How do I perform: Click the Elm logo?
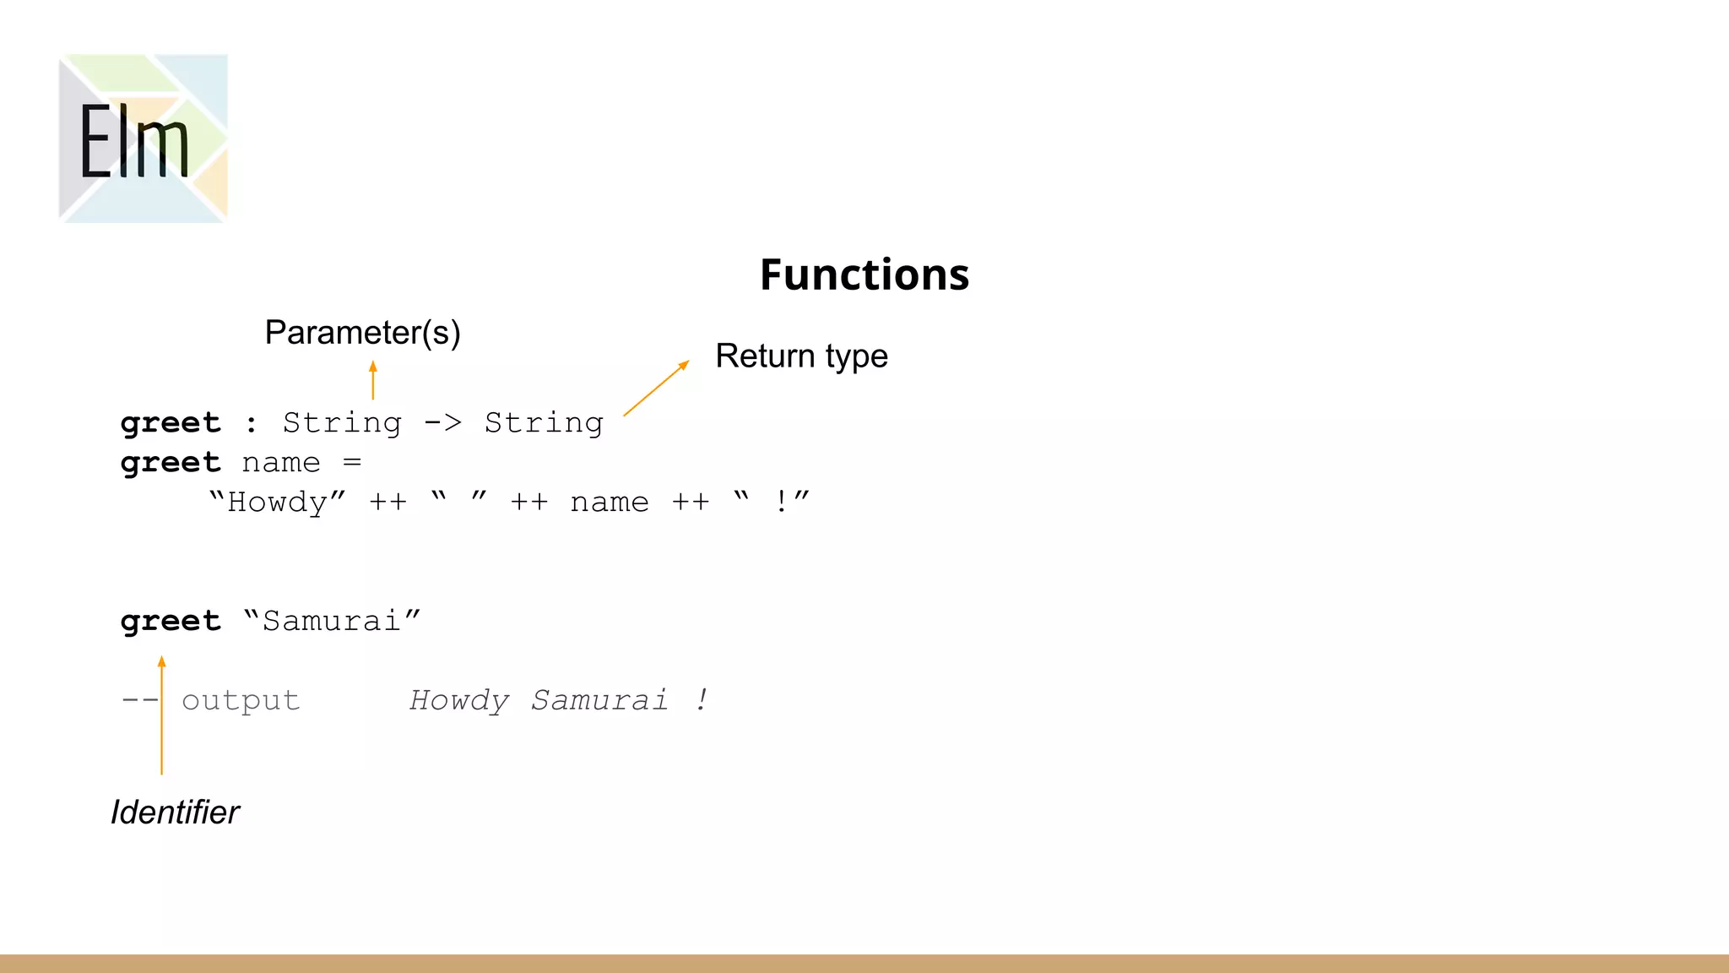(143, 139)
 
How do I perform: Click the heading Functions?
(864, 275)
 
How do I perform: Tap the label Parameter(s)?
(362, 333)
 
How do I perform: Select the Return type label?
(801, 356)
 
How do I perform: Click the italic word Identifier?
(175, 812)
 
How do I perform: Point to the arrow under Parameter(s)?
(372, 380)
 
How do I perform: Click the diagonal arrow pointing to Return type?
(656, 389)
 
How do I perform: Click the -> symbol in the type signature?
(442, 421)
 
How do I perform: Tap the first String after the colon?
(342, 422)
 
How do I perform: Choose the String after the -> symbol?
(544, 422)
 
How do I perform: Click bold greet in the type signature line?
(171, 422)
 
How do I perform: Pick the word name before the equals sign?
(281, 463)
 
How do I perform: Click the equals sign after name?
(352, 463)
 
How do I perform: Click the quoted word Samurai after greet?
(332, 621)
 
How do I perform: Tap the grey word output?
(241, 700)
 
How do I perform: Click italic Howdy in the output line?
(459, 700)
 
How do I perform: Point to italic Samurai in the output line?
(599, 700)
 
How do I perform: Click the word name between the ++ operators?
(610, 503)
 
